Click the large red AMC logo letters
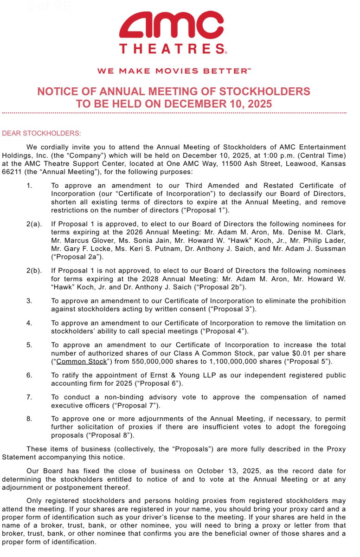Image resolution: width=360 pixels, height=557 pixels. point(172,26)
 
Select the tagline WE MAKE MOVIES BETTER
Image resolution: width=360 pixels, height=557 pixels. point(174,71)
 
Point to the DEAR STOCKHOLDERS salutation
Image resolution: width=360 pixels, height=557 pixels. point(42,134)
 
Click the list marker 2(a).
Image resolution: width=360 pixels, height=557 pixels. point(34,224)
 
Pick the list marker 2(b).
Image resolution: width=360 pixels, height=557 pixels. point(34,270)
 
